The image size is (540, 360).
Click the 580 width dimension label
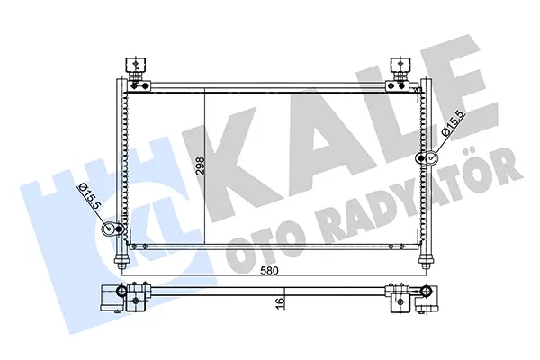pos(269,271)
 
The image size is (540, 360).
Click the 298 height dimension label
pos(200,166)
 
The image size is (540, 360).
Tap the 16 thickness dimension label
pos(280,301)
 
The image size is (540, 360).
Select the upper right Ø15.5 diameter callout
pos(454,123)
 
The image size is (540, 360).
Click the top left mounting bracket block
pos(136,65)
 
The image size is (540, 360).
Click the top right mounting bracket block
pos(400,65)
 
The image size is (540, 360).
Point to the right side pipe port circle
pos(431,157)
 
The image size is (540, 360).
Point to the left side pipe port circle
pos(110,229)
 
